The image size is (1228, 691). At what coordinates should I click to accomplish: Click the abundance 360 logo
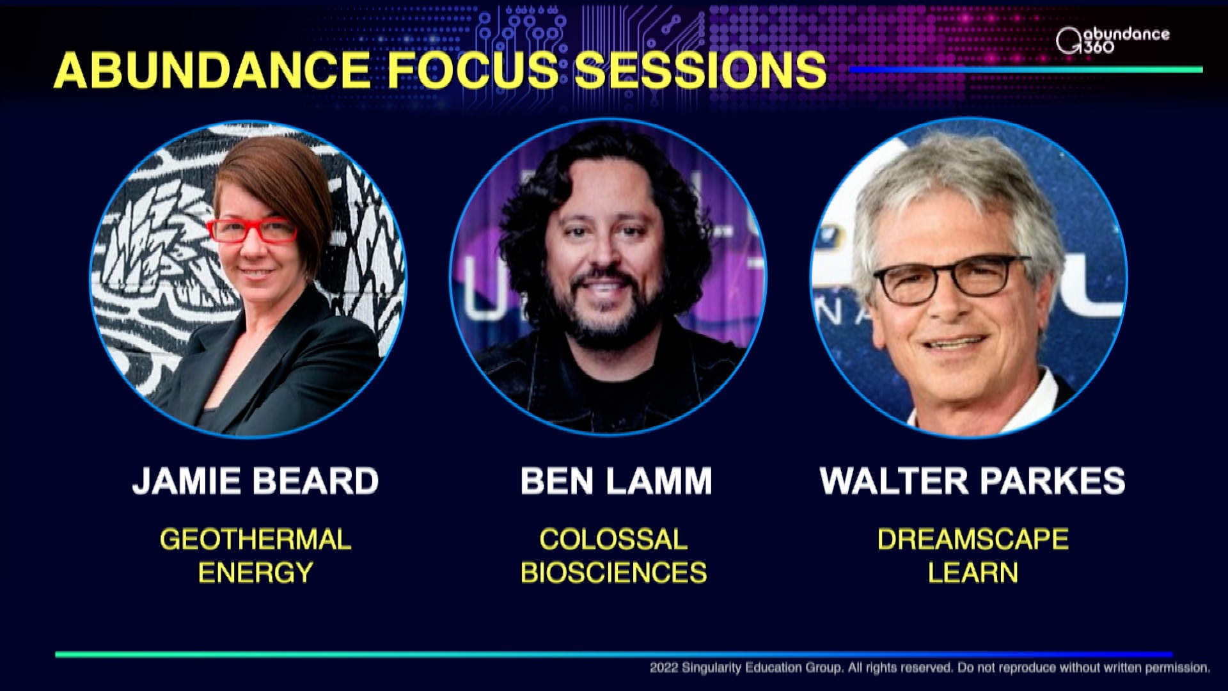click(x=1112, y=40)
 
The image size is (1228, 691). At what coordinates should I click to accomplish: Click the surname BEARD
click(x=316, y=481)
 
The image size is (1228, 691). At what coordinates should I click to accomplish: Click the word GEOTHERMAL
click(x=255, y=539)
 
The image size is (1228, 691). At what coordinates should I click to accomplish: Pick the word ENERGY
click(x=255, y=573)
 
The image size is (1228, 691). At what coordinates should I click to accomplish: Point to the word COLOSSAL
click(x=613, y=539)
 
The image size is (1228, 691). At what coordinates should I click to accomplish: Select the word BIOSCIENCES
click(x=613, y=573)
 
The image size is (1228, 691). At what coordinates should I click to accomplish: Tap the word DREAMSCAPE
click(x=973, y=539)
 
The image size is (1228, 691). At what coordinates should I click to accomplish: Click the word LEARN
click(x=973, y=573)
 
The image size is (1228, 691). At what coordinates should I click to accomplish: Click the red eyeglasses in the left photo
click(x=253, y=231)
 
